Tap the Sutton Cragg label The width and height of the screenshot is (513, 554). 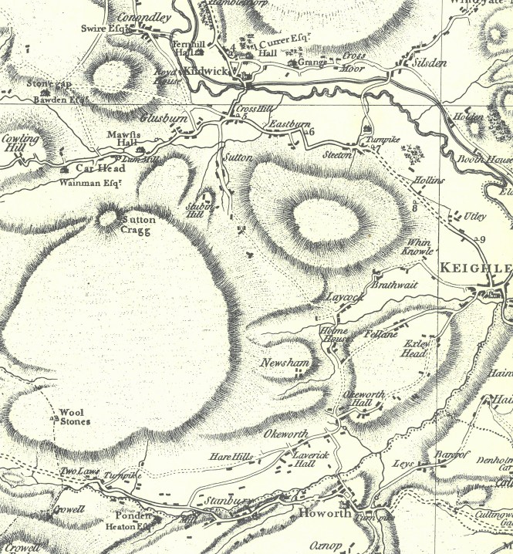pyautogui.click(x=140, y=225)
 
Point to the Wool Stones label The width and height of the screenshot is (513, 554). pyautogui.click(x=76, y=417)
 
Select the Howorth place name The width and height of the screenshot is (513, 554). pyautogui.click(x=325, y=512)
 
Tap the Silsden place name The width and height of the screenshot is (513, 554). pyautogui.click(x=430, y=62)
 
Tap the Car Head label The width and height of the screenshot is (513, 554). pyautogui.click(x=100, y=168)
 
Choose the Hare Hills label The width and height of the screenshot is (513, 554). pyautogui.click(x=231, y=458)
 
